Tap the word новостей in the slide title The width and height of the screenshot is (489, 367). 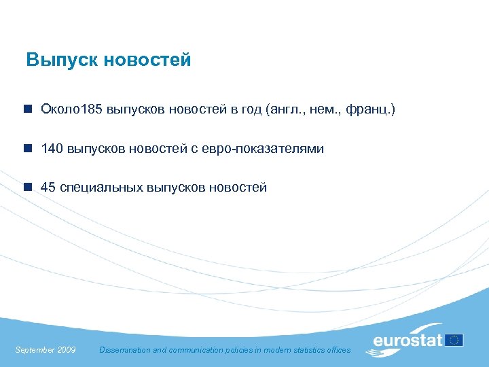tap(148, 60)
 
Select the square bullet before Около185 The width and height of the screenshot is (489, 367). tap(27, 109)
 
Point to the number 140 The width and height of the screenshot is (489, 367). tap(52, 148)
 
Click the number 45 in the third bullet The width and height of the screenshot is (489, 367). tap(48, 188)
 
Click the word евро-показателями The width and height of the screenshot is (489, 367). tap(262, 148)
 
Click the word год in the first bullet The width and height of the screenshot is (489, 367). tap(249, 109)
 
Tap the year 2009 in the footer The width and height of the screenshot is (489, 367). tap(67, 350)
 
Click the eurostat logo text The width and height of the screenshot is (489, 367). tap(408, 340)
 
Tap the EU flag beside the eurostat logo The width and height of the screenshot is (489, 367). tap(454, 340)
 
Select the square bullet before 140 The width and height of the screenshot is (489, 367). tap(27, 148)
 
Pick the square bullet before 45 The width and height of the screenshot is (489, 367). tap(27, 188)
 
